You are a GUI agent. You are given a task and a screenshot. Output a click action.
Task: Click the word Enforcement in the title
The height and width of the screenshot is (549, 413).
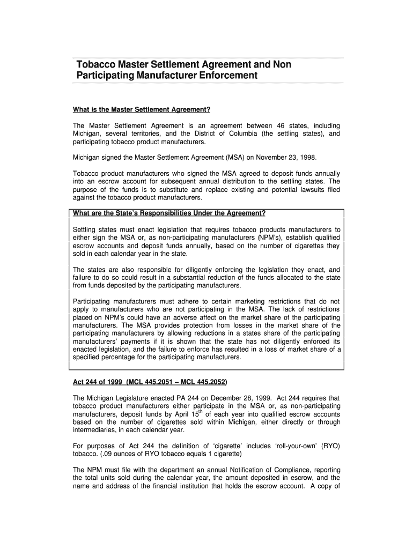point(228,76)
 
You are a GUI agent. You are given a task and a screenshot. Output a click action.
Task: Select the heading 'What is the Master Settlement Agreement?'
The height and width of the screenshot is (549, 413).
point(141,110)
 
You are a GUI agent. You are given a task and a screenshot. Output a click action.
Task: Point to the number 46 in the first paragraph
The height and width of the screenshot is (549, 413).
point(280,125)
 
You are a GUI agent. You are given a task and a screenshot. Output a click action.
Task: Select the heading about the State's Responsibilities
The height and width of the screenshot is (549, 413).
point(169,213)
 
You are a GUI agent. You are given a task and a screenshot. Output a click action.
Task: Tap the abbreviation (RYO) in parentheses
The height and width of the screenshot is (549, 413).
point(327,446)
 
